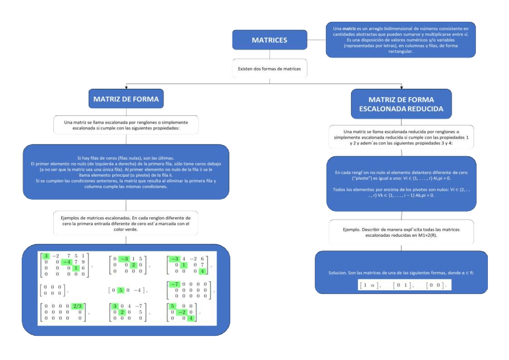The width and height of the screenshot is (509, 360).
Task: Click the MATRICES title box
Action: click(x=269, y=40)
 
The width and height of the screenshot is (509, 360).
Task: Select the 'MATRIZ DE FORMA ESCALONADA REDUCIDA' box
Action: click(x=401, y=104)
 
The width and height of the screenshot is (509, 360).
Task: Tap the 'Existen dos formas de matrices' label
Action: click(x=269, y=69)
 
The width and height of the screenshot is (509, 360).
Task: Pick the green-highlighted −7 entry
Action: click(x=174, y=284)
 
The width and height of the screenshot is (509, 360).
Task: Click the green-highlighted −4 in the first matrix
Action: click(x=68, y=262)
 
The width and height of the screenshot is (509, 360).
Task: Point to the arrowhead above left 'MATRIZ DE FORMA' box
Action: click(x=126, y=86)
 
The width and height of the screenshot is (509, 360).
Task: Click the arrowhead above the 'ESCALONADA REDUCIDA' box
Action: click(x=401, y=86)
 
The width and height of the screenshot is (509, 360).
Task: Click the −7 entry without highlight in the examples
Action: click(x=138, y=306)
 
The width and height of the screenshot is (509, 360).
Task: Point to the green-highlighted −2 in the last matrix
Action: click(x=182, y=312)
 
